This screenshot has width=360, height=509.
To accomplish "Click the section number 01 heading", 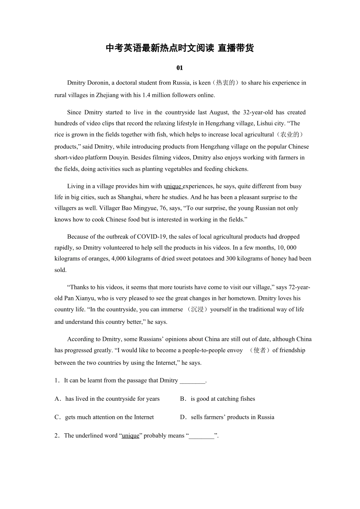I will [180, 68].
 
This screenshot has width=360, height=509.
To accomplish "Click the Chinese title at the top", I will [180, 48].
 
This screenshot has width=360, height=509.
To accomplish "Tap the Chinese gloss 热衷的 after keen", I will [225, 83].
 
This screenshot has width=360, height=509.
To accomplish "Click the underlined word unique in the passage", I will [173, 186].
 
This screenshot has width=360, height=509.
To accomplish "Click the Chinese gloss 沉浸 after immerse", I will [197, 309].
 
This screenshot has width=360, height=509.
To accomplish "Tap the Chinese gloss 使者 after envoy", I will [260, 350].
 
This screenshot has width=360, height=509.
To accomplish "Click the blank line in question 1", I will [192, 380].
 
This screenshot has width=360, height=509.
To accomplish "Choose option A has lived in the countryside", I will [112, 399].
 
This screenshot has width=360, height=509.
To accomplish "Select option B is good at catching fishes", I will [222, 399].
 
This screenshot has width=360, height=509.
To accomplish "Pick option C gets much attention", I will [109, 417].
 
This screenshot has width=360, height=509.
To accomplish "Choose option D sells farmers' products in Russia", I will [232, 417].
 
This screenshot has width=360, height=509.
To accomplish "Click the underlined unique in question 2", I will [130, 436].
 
